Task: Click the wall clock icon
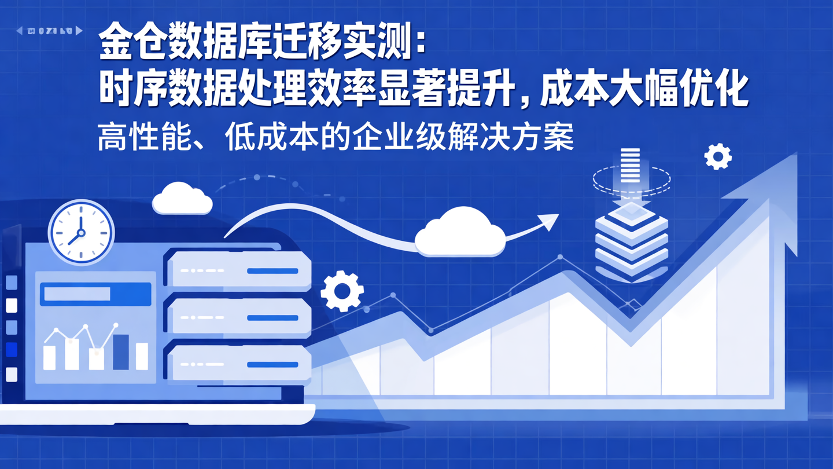tap(81, 232)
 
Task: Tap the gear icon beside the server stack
tap(342, 291)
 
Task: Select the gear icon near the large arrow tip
tap(718, 156)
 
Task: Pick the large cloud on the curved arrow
tap(460, 233)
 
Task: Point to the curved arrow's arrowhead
tap(548, 221)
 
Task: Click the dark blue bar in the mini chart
tap(121, 352)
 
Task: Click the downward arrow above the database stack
tap(631, 174)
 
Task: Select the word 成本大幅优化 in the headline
tap(644, 91)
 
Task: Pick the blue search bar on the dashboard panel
tap(95, 294)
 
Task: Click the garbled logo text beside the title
tap(50, 30)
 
